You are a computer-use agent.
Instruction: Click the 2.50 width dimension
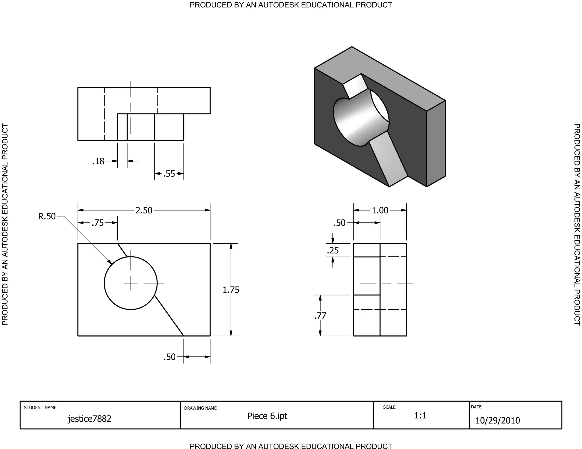coord(144,210)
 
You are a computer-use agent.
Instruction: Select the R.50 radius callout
coord(47,217)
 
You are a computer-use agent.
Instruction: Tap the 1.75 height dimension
coord(231,290)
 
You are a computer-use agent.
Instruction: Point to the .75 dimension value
coord(98,223)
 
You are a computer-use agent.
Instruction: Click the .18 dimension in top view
coord(98,161)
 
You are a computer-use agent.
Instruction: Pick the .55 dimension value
coord(169,174)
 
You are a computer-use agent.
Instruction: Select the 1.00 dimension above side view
coord(380,210)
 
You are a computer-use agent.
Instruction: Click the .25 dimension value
coord(333,251)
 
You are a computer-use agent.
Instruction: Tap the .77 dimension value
coord(320,316)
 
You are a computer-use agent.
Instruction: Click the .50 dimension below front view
coord(170,357)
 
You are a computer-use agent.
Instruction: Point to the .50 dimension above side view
coord(340,223)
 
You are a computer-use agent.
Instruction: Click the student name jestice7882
coord(90,419)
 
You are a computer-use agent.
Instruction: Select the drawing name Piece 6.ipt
coord(267,416)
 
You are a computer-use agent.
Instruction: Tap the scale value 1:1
coord(420,416)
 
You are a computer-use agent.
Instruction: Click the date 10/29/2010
coord(498,421)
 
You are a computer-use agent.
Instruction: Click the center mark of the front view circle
coord(131,283)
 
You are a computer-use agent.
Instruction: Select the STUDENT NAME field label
coord(40,408)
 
